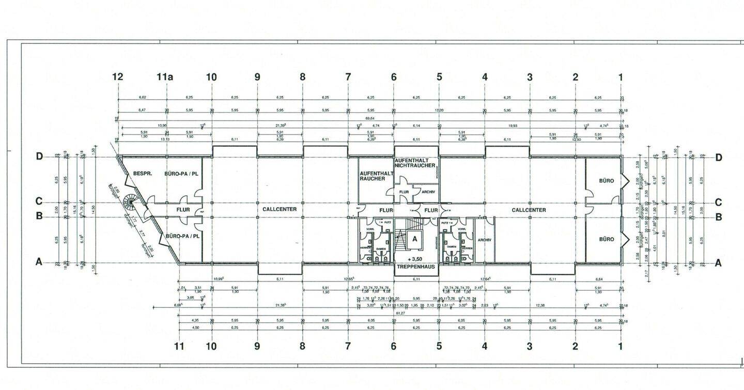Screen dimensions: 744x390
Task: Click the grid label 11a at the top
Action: [x=165, y=77]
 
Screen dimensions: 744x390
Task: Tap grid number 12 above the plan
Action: [x=118, y=77]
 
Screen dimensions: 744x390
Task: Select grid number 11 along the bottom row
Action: [x=179, y=346]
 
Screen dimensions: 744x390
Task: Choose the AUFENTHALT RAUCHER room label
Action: [x=373, y=176]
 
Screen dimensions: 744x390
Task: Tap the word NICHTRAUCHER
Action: [x=416, y=166]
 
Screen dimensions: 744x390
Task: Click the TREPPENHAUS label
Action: [x=415, y=267]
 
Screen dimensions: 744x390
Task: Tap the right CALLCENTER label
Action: [x=529, y=210]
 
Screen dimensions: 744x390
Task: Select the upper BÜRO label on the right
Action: [x=607, y=181]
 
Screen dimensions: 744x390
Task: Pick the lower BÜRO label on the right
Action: [x=607, y=239]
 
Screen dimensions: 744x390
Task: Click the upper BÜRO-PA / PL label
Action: [x=181, y=174]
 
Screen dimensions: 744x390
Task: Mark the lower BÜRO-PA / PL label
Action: [x=181, y=236]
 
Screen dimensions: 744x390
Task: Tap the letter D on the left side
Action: [x=39, y=158]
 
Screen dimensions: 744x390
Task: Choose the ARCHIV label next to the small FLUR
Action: [x=428, y=192]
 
